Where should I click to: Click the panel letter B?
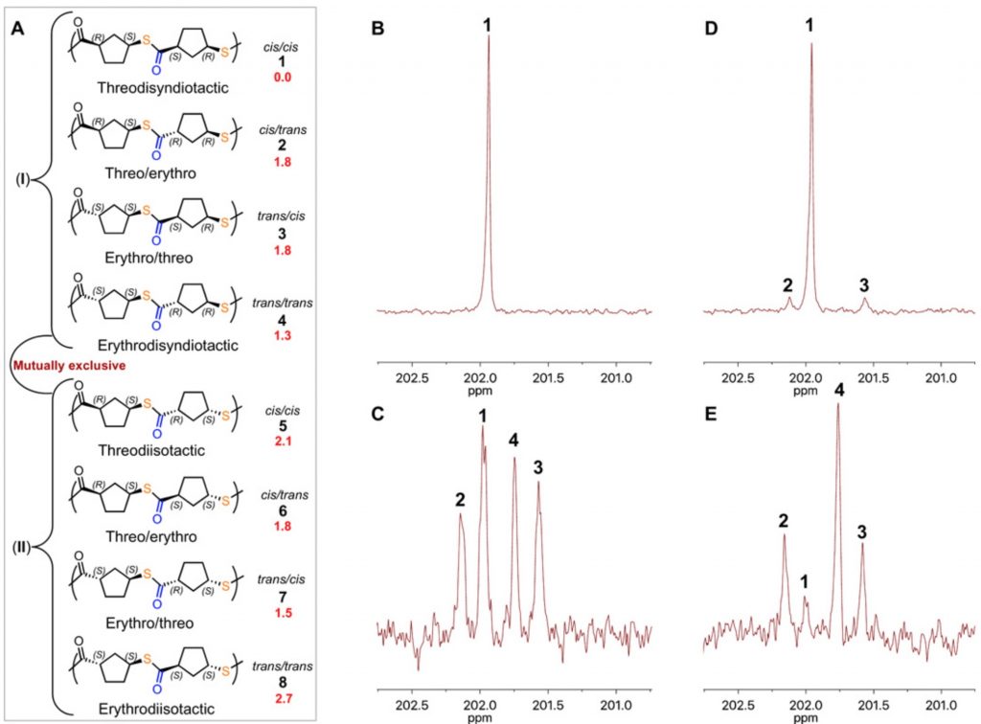(376, 30)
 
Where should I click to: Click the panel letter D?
(710, 30)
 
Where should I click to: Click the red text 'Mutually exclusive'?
(57, 365)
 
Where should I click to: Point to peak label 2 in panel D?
(787, 284)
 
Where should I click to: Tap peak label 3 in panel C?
(538, 467)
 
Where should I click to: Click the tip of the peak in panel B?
(489, 36)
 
